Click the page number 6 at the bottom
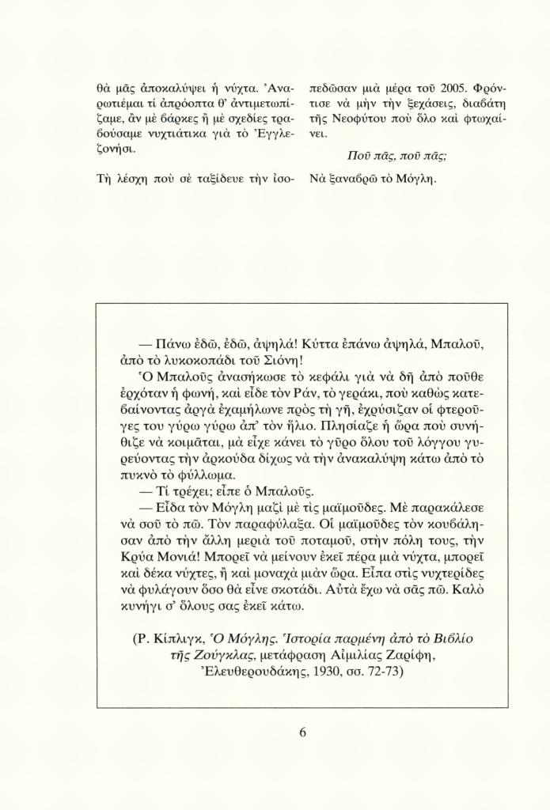pos(302,732)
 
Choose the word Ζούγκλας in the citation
pos(202,656)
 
